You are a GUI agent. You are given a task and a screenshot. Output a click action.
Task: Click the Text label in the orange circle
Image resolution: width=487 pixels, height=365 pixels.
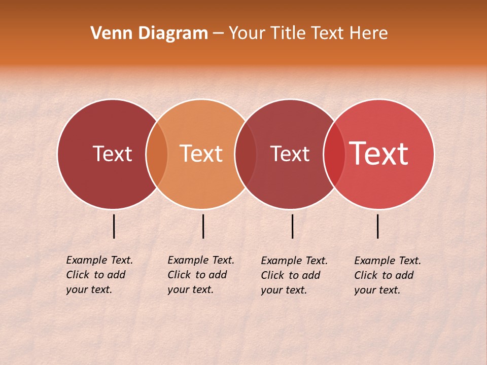tap(201, 154)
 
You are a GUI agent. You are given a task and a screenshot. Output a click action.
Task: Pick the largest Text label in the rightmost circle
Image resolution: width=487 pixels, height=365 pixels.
tap(378, 154)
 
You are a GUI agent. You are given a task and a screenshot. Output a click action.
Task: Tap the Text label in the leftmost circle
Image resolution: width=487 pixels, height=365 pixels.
tap(112, 154)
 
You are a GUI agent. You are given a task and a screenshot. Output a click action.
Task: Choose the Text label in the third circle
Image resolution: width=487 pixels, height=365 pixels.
tap(290, 154)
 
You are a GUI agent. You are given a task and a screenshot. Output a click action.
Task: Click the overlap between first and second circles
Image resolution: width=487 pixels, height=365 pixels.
tap(157, 154)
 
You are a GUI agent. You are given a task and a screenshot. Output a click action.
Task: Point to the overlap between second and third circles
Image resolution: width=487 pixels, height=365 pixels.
tap(246, 154)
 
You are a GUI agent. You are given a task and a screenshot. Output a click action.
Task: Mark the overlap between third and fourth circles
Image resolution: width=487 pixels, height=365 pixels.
tap(334, 154)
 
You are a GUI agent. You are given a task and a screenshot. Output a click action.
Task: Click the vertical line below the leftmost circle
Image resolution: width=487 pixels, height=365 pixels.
tap(114, 226)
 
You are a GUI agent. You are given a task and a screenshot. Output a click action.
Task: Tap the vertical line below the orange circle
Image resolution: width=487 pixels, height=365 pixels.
tap(203, 226)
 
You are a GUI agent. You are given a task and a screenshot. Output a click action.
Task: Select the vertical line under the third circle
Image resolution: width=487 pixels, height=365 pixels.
tap(293, 226)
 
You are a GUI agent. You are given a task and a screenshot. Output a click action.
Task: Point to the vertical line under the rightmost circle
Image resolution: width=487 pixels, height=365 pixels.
tap(378, 226)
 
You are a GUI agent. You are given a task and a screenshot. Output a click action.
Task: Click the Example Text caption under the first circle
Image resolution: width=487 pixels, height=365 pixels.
tap(99, 275)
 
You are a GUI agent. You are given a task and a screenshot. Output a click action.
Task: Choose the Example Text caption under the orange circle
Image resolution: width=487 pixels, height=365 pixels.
tap(200, 275)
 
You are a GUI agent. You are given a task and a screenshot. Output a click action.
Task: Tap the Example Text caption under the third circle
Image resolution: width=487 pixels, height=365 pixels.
tap(294, 275)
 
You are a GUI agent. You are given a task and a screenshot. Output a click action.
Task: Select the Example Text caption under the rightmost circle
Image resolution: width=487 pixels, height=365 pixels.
tap(387, 275)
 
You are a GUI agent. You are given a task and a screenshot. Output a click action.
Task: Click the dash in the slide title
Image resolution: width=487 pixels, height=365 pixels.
tap(218, 33)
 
